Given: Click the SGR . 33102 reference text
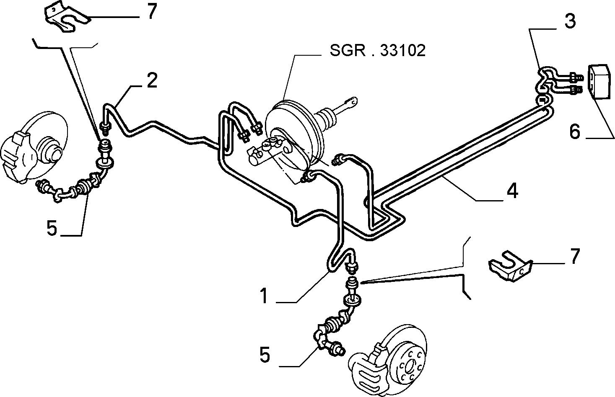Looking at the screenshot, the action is pos(378,50).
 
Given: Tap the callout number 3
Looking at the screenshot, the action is pos(570,21).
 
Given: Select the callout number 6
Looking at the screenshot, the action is pos(575,131).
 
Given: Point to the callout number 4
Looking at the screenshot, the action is pos(512,191).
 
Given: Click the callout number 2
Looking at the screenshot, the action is pos(152,80).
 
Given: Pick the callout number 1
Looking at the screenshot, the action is pos(264,296).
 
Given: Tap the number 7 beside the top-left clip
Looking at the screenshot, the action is pos(152,11).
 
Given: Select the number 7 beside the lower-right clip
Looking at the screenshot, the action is pos(575,256).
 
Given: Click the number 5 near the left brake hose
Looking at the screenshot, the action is pos(52,228).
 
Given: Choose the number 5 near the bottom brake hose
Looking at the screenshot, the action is pos(265,355).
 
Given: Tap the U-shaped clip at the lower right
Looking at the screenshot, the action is pos(511,266).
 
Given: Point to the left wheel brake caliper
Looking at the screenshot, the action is pos(19,157).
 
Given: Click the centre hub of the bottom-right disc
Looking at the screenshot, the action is pos(410,366).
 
